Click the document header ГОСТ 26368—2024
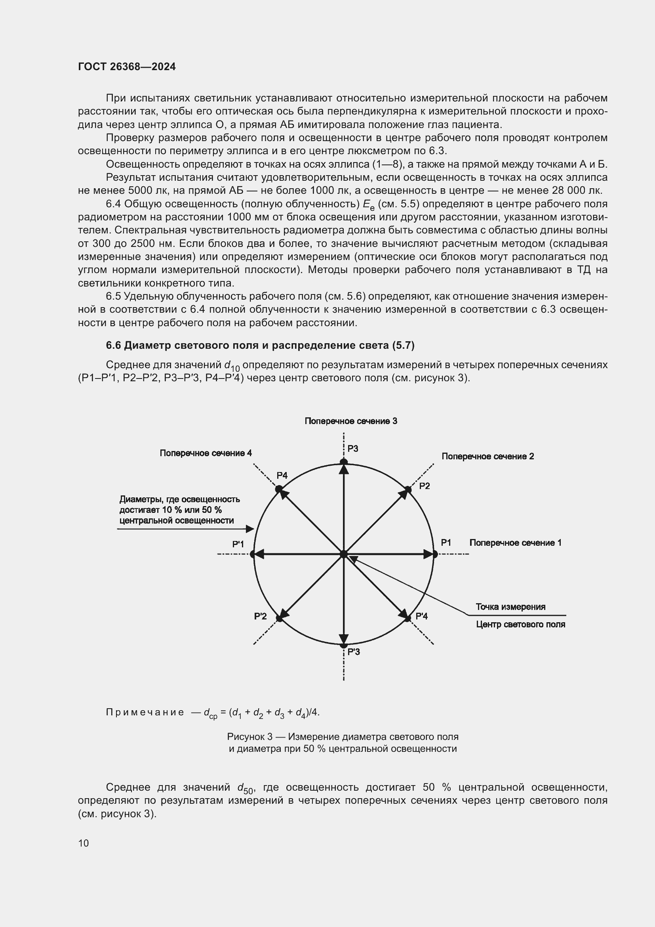click(x=127, y=67)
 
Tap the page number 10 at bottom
click(x=84, y=843)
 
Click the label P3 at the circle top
click(x=352, y=449)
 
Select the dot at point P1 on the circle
click(x=435, y=554)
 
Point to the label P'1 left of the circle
click(x=238, y=544)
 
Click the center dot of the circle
click(x=344, y=554)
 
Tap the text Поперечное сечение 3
click(x=350, y=421)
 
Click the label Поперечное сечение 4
click(x=206, y=453)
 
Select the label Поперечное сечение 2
click(x=487, y=456)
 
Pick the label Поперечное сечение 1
click(x=515, y=543)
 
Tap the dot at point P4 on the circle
click(x=279, y=489)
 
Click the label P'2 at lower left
click(x=260, y=616)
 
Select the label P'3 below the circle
click(x=353, y=651)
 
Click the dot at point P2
click(x=408, y=490)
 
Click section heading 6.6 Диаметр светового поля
click(x=260, y=345)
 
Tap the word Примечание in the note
click(x=145, y=712)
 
